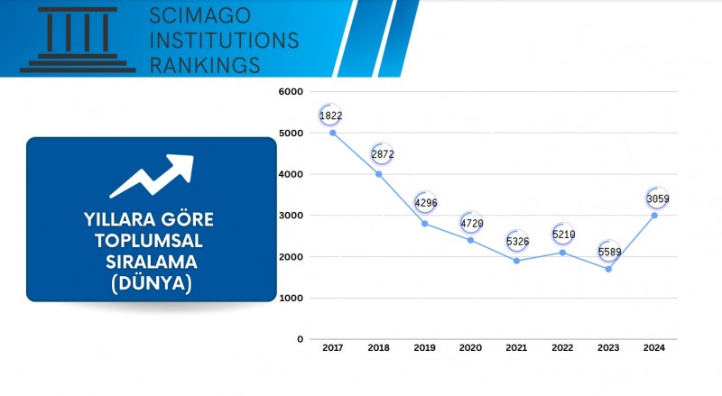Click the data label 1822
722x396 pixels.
pyautogui.click(x=331, y=115)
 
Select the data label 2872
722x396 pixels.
pyautogui.click(x=383, y=154)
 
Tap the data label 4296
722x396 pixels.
pyautogui.click(x=425, y=203)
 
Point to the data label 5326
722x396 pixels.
pyautogui.click(x=517, y=242)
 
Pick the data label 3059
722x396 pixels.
pyautogui.click(x=657, y=198)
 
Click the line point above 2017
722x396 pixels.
pyautogui.click(x=333, y=133)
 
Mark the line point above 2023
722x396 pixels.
pyautogui.click(x=609, y=269)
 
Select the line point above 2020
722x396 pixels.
pyautogui.click(x=471, y=240)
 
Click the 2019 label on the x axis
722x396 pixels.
pyautogui.click(x=424, y=347)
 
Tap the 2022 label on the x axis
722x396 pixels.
pyautogui.click(x=562, y=347)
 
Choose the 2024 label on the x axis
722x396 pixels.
pyautogui.click(x=654, y=347)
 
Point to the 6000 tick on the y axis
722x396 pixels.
pyautogui.click(x=292, y=92)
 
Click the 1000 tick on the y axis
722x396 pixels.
pyautogui.click(x=292, y=299)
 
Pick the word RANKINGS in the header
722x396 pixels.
pyautogui.click(x=205, y=65)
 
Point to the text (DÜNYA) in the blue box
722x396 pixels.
pyautogui.click(x=151, y=282)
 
